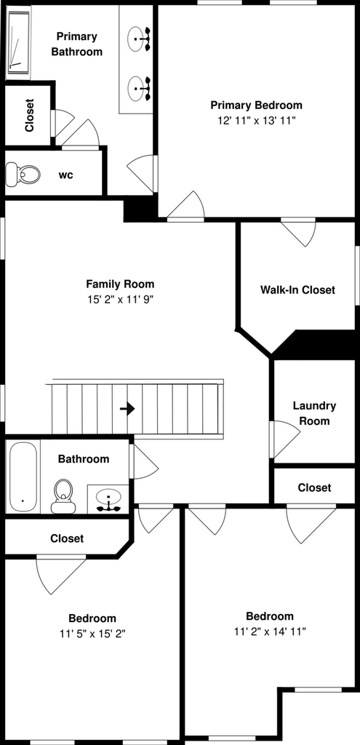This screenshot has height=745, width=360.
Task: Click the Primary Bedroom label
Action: tap(257, 105)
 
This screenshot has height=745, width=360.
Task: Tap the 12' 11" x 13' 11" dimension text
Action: tap(257, 121)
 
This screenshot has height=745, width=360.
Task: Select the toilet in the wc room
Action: tap(23, 174)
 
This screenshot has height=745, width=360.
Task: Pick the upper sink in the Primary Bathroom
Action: tap(139, 37)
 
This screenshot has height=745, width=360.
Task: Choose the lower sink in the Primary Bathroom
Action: tap(139, 88)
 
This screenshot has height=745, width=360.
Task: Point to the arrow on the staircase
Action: tap(127, 409)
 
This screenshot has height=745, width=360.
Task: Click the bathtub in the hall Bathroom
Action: tap(23, 477)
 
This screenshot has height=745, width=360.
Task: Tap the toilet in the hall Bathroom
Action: tap(63, 496)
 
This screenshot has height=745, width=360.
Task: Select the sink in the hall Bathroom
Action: tap(108, 500)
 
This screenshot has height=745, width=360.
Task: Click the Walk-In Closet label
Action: tap(297, 290)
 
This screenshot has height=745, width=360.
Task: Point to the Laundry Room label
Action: tap(314, 413)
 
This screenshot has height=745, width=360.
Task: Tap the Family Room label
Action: tap(120, 284)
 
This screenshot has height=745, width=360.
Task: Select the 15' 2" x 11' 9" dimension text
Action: tap(120, 300)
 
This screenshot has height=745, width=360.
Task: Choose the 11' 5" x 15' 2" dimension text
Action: tap(92, 634)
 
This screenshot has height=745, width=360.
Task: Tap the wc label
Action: tap(65, 175)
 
